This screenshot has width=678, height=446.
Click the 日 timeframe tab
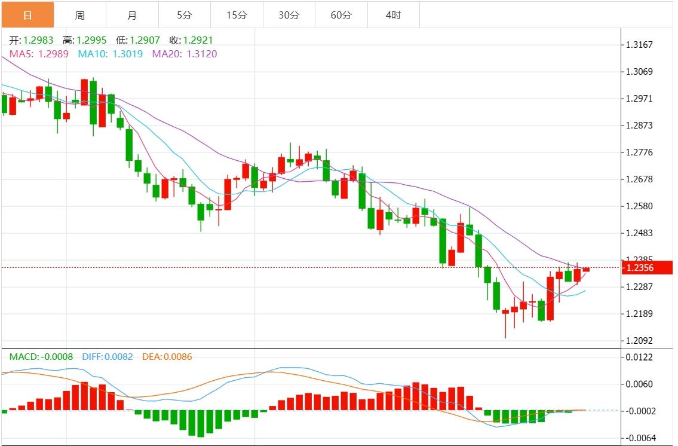(x=27, y=15)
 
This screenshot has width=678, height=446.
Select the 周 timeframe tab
(x=80, y=15)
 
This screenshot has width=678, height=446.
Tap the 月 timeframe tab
(x=132, y=15)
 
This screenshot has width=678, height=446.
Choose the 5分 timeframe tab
(x=185, y=15)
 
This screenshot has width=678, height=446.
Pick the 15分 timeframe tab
(x=237, y=15)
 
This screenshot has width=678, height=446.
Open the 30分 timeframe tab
(x=289, y=15)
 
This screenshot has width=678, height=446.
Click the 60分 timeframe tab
(x=341, y=15)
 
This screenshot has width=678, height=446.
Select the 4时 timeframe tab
(x=393, y=15)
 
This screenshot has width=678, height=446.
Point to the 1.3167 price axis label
(x=639, y=45)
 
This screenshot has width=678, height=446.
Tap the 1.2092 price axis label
(x=639, y=341)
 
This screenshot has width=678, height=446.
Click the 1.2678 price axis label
(x=639, y=179)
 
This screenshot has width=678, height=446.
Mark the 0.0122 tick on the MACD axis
(x=639, y=357)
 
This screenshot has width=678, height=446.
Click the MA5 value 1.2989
(x=53, y=54)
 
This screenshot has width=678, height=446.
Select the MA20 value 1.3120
(x=201, y=54)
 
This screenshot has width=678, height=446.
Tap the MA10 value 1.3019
(x=128, y=54)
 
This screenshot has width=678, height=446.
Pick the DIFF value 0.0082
(x=118, y=357)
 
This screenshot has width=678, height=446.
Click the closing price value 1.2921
(x=198, y=41)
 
